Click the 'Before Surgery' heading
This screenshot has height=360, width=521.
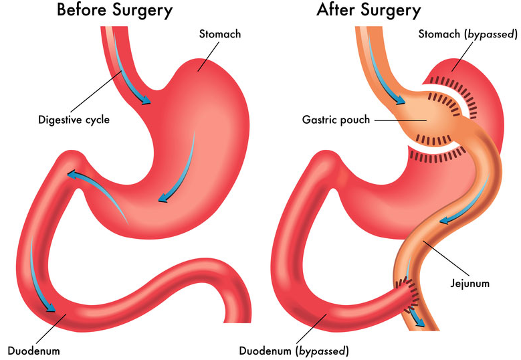coord(114,10)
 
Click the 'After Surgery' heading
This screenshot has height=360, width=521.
coord(369,10)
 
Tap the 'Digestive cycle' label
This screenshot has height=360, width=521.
coord(74,120)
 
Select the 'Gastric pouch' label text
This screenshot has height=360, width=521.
coord(336,120)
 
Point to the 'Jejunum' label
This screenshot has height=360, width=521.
coord(470,283)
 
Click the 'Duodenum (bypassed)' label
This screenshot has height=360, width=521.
coord(294,351)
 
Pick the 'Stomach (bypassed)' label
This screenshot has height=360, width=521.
coord(468,34)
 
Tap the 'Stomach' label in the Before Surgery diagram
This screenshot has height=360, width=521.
coord(220,34)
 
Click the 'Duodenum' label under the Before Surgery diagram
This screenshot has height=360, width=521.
coord(33,351)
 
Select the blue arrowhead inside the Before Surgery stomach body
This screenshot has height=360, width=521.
coord(163,199)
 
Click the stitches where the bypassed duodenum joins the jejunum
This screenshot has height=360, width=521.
coord(407,292)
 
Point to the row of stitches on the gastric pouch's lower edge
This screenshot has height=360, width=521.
coord(433,141)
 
